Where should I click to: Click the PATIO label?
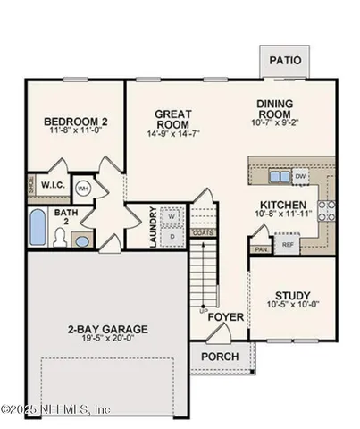[x=286, y=61]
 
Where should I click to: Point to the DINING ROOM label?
[x=275, y=109]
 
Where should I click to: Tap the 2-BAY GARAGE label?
[x=106, y=328]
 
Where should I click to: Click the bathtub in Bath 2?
[x=39, y=229]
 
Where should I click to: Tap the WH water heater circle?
[x=82, y=189]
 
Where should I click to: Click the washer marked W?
[x=172, y=216]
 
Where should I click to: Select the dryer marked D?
[x=172, y=236]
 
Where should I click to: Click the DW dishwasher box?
[x=301, y=175]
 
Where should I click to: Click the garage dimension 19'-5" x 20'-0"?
[x=106, y=340]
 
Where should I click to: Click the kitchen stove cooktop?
[x=326, y=210]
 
